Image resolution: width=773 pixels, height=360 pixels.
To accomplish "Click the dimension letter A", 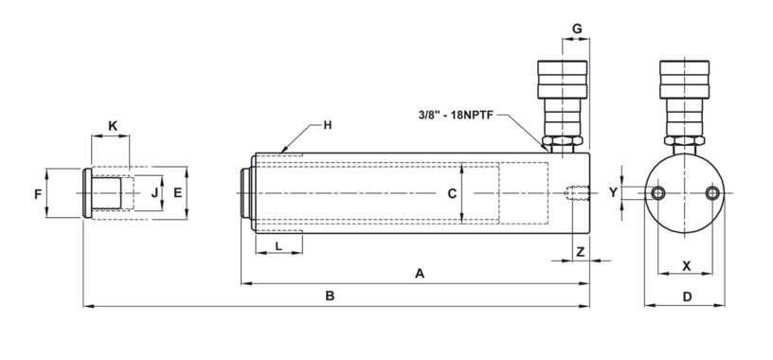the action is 420,273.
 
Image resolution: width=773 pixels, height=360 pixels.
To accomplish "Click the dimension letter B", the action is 330,296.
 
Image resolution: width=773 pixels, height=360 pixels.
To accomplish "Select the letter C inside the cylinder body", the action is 452,194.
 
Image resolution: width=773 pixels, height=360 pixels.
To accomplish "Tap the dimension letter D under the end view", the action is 687,297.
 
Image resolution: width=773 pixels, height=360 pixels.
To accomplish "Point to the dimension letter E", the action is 178,193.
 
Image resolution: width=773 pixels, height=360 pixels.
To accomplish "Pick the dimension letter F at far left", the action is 38,194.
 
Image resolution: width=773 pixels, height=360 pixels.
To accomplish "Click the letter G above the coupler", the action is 577,28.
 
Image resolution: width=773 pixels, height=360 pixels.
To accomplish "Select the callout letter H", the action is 328,125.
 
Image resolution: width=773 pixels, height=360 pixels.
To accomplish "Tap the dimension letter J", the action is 154,193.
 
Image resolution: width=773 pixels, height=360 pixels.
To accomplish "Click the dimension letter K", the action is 113,126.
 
